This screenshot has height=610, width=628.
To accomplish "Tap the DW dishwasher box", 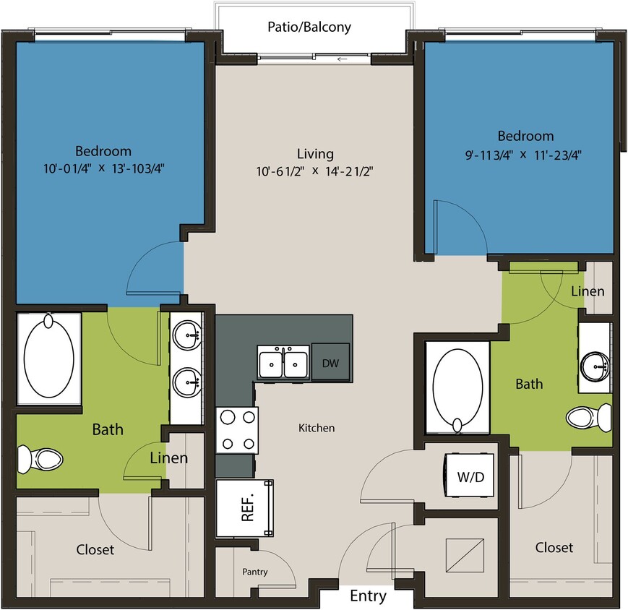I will [330, 363].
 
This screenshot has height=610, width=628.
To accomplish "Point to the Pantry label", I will [254, 572].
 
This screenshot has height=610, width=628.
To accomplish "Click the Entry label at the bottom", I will [368, 597].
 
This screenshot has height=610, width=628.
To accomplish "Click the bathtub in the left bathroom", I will [48, 357].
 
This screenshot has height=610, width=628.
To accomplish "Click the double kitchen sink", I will [283, 363].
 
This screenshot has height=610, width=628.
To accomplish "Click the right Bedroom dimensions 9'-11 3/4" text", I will [525, 153].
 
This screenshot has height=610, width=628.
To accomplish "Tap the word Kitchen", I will [317, 428].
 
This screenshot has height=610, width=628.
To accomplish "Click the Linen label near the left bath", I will [168, 457].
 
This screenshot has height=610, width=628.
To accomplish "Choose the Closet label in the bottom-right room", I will [554, 548].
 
